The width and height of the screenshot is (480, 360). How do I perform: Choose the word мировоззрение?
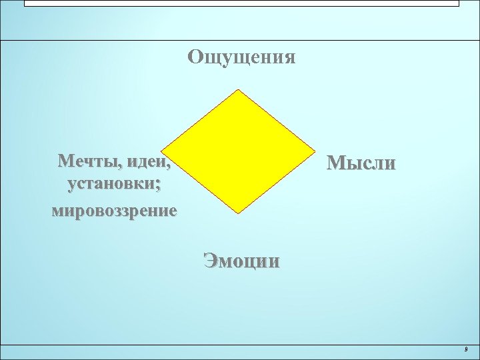114,211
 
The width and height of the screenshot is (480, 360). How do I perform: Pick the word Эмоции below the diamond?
241,260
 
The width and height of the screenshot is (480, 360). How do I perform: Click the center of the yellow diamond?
239,151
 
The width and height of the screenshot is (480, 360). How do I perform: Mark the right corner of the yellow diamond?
315,151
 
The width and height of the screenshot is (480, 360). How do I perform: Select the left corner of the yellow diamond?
163,151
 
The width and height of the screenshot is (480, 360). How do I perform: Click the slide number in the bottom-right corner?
465,349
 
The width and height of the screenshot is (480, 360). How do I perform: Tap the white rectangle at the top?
241,3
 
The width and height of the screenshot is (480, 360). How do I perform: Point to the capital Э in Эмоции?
211,260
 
